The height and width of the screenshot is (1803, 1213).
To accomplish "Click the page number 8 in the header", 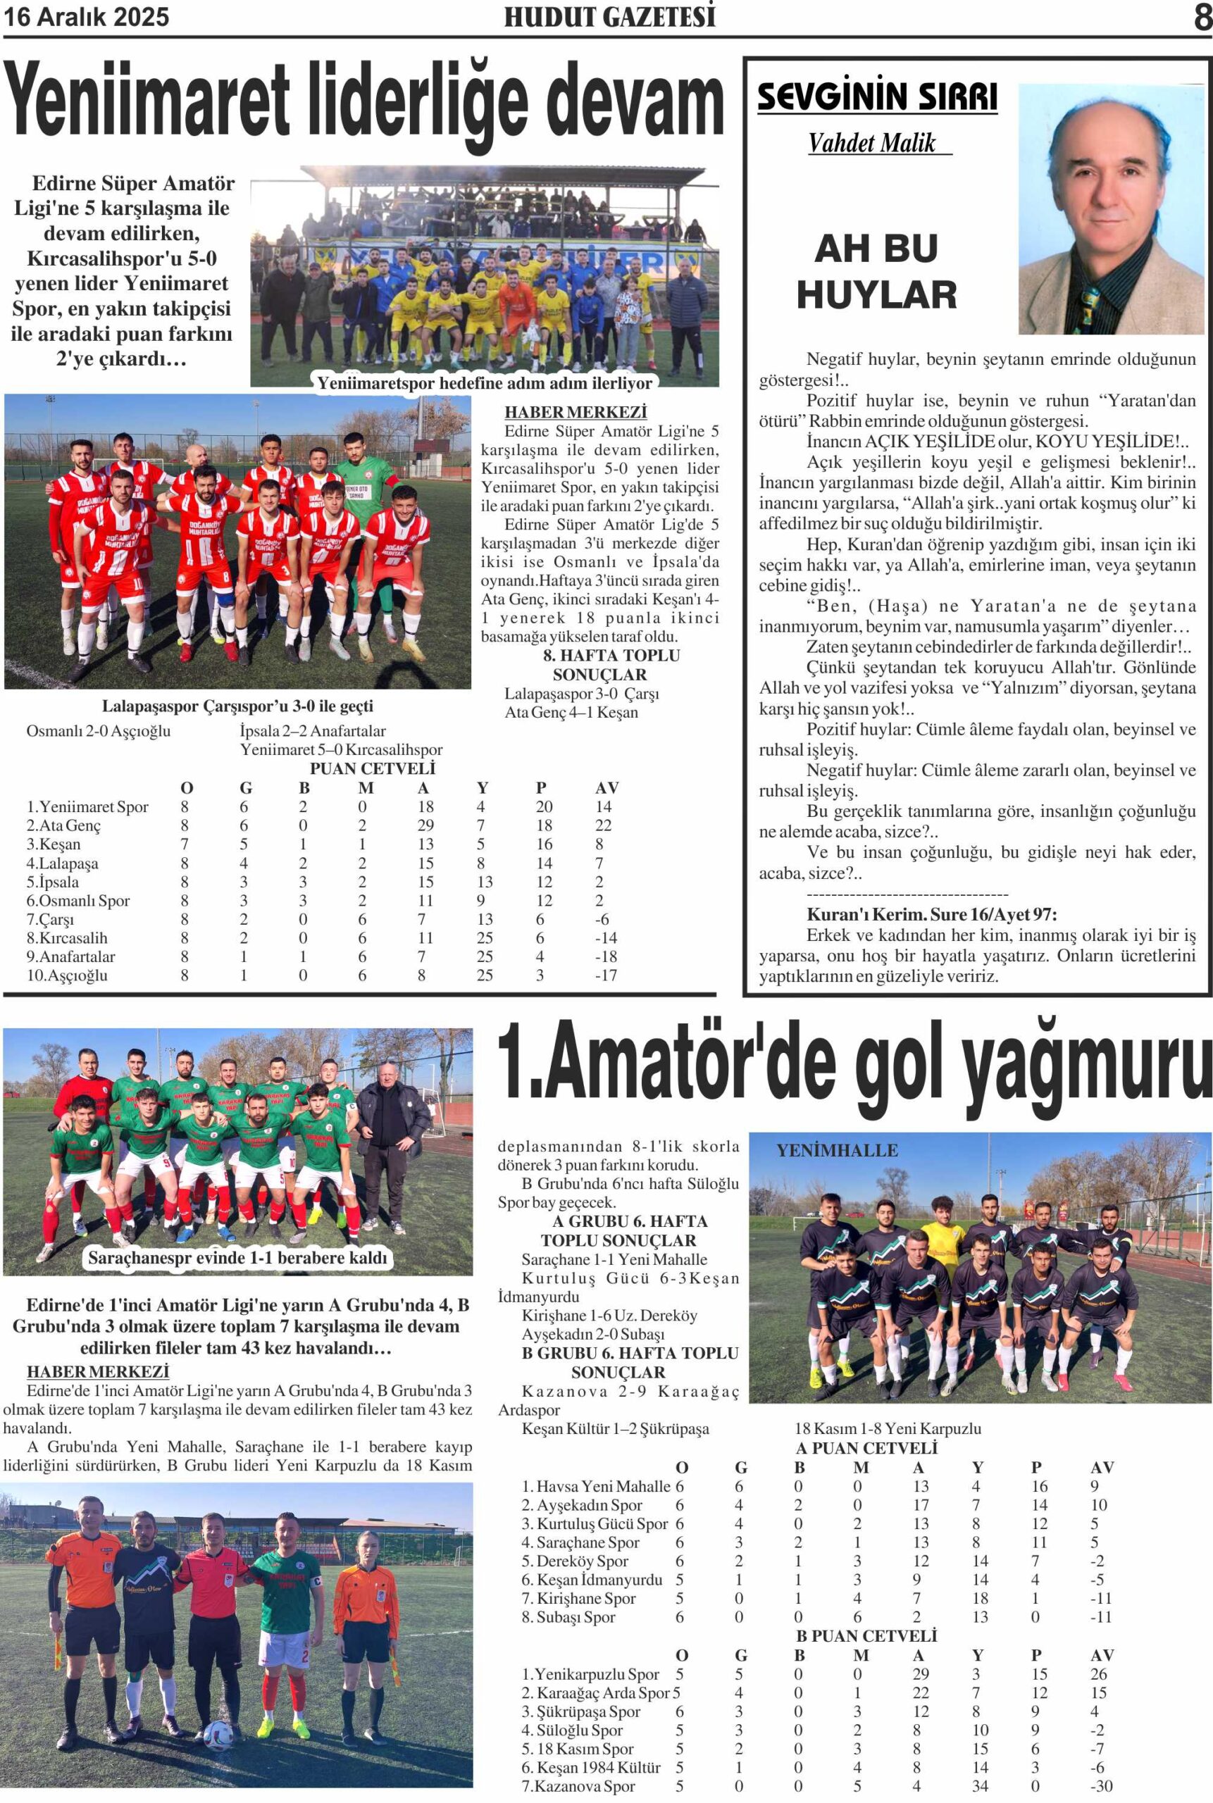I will (x=1202, y=17).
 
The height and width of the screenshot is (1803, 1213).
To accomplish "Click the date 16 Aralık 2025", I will (x=86, y=17).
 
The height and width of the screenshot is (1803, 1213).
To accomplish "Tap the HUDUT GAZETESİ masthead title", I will (x=609, y=17).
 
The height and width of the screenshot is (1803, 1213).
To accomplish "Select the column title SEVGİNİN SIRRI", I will (x=876, y=96).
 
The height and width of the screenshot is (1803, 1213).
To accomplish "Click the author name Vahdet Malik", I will (x=872, y=143).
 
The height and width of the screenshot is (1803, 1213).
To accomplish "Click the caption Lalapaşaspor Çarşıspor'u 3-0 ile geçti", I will (x=237, y=706).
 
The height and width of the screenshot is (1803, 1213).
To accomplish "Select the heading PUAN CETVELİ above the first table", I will (x=372, y=768).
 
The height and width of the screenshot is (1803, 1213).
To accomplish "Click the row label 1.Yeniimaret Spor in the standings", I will (x=87, y=806).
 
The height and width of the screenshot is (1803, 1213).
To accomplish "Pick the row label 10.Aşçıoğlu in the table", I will (x=68, y=975).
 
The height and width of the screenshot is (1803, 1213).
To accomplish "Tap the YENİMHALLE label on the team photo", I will (x=837, y=1150).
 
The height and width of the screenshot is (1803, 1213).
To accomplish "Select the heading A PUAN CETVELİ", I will (x=866, y=1448).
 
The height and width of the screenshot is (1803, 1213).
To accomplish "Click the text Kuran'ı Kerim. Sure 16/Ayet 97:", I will (x=931, y=914).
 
